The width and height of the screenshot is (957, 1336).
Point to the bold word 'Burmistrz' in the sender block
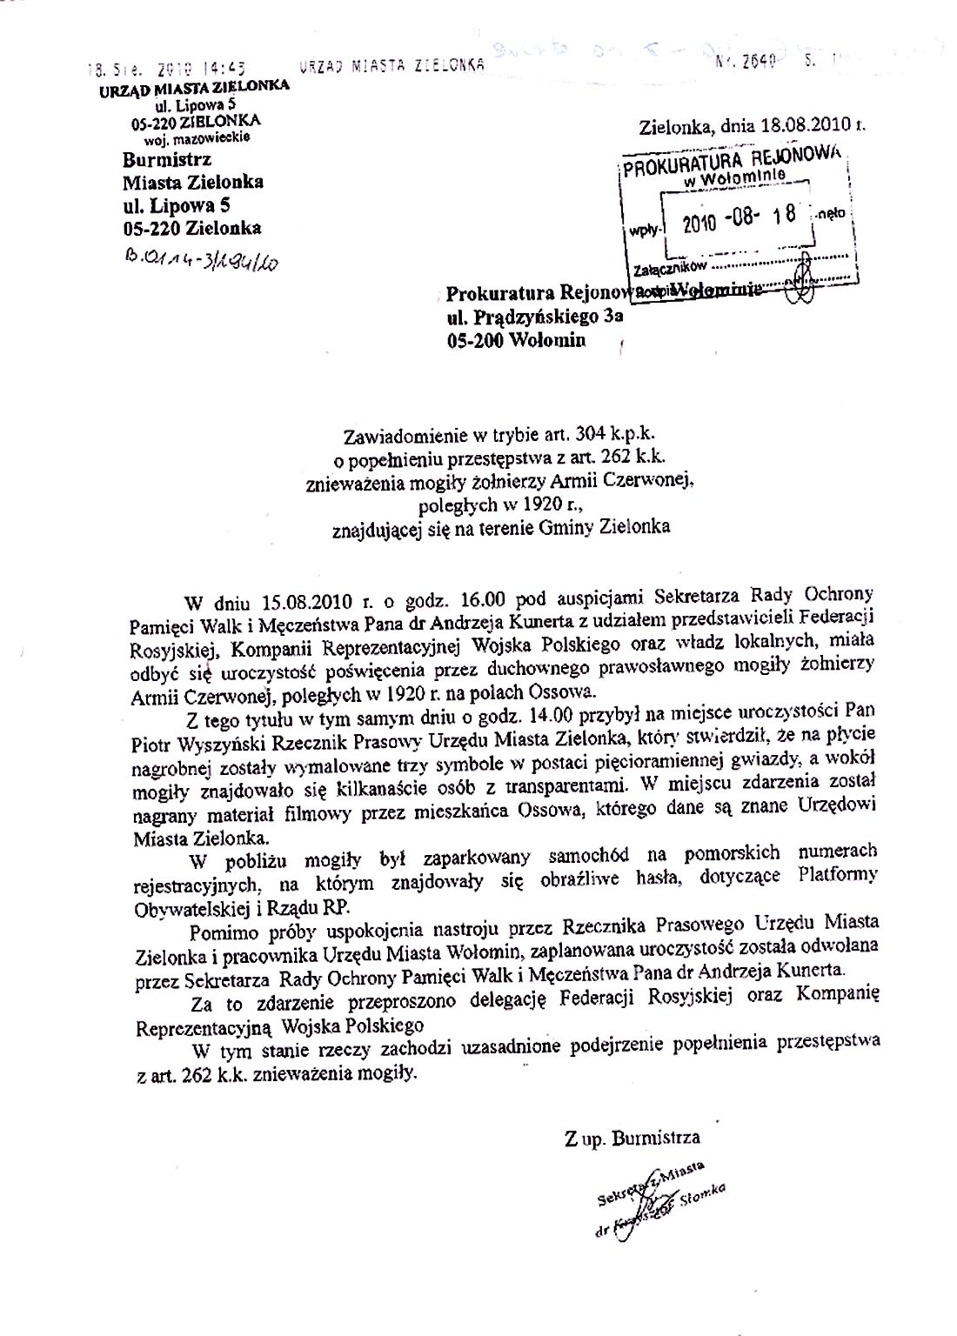click(166, 160)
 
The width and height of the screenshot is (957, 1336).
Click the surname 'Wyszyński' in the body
click(224, 739)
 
